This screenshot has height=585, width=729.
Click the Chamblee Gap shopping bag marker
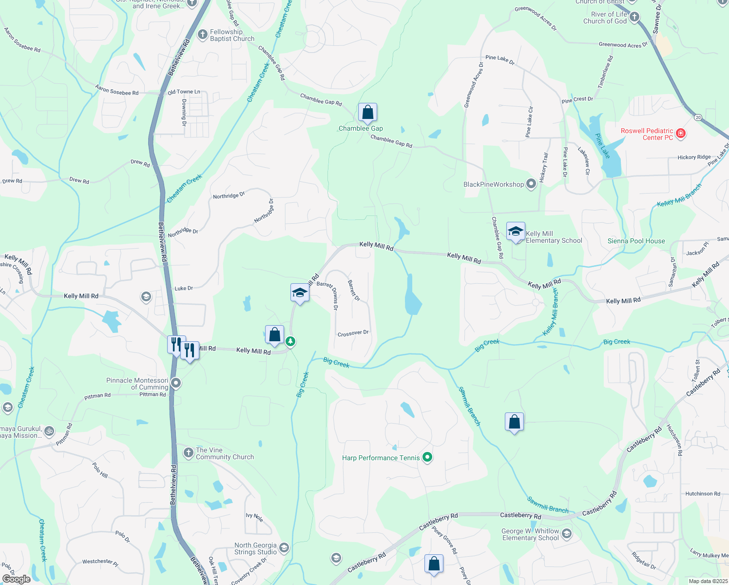[x=367, y=113]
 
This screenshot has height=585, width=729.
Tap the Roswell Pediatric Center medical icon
[x=681, y=134]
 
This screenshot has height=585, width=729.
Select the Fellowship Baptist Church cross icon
[x=202, y=35]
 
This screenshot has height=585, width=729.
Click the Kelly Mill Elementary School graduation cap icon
[x=515, y=232]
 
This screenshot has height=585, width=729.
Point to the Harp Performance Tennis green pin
[x=427, y=457]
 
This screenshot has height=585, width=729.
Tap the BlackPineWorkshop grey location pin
[x=531, y=184]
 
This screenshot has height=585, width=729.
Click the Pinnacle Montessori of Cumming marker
[x=176, y=384]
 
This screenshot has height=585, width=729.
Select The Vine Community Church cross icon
[x=188, y=453]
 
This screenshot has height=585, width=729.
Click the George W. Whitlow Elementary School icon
[x=566, y=534]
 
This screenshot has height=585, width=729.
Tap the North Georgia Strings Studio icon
[x=284, y=548]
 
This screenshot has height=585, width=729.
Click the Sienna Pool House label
[x=636, y=241]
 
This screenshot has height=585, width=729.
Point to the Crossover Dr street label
[x=353, y=333]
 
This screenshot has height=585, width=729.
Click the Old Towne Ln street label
[x=184, y=92]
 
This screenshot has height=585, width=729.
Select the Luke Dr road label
[x=184, y=288]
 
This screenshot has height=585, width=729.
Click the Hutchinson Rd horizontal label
[x=702, y=494]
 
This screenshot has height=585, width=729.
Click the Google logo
[x=16, y=579]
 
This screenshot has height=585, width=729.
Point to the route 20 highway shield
[x=698, y=117]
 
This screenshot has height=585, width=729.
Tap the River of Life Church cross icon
[x=634, y=18]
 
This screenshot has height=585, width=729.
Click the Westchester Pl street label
[x=100, y=562]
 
